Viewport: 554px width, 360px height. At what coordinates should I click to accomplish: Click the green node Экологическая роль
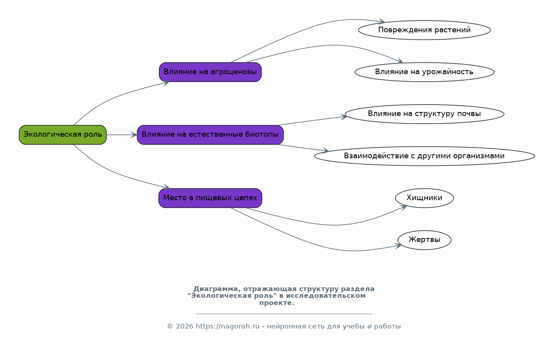(63, 135)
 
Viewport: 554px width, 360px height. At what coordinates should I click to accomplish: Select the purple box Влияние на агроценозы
(210, 72)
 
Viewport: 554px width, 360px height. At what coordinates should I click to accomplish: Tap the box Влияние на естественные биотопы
(210, 135)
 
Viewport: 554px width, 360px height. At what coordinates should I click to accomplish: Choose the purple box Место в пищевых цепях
(210, 198)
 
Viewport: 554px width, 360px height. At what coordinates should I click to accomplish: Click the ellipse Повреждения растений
(424, 30)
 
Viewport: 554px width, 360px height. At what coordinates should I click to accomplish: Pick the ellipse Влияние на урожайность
(424, 72)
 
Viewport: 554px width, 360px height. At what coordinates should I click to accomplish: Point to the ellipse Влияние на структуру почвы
(424, 114)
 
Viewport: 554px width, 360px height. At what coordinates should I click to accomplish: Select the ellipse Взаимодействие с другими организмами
(424, 156)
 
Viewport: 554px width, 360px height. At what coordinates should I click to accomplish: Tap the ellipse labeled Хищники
(424, 198)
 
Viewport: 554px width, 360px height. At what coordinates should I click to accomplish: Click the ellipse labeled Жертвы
(424, 240)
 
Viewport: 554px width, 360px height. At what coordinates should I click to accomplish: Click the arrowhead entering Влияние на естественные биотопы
(134, 135)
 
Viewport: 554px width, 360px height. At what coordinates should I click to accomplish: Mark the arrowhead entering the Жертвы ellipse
(398, 246)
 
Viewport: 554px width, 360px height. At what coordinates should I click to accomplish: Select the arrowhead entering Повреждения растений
(382, 22)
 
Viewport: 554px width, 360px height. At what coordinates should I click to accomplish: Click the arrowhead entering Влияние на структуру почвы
(344, 117)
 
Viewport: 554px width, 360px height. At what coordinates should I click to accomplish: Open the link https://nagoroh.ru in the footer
(227, 327)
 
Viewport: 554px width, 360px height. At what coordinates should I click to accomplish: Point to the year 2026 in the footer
(184, 327)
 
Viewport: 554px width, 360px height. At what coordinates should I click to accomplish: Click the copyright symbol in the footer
(170, 327)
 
